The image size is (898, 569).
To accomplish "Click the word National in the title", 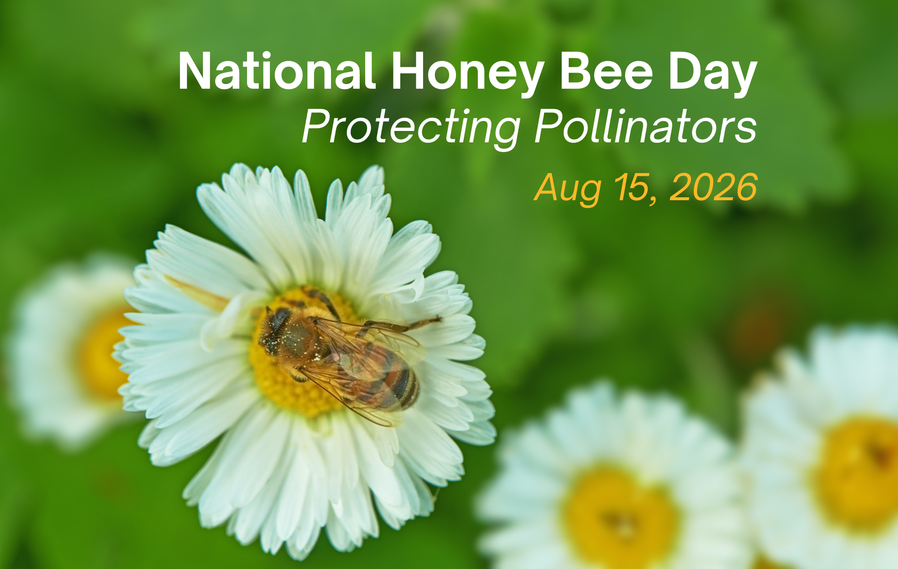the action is (277, 71).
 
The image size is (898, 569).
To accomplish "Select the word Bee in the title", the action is (607, 71).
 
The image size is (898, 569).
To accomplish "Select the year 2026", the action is (714, 187).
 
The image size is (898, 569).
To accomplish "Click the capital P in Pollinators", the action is (549, 126).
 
